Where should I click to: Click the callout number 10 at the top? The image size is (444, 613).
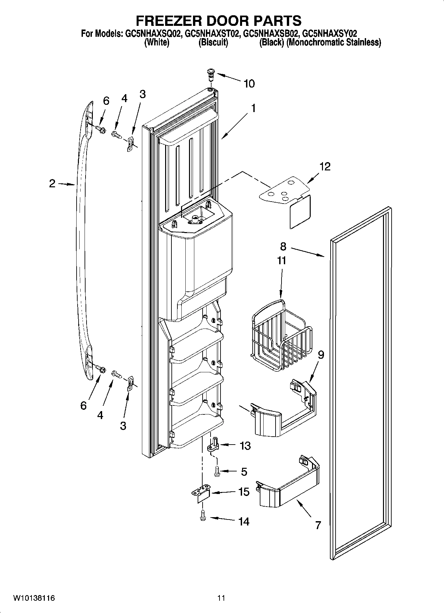point(249,84)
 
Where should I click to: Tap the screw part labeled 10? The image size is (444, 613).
point(210,74)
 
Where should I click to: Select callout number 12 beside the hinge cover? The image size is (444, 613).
point(325,166)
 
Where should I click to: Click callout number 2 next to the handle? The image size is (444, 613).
point(52,184)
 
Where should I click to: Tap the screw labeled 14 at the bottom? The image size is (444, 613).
point(203,516)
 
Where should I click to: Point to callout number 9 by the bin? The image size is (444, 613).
point(321,355)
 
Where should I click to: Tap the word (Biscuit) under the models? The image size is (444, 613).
point(213,42)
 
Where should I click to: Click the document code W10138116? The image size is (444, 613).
point(34,598)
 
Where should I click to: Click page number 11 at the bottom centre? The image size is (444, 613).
point(221,598)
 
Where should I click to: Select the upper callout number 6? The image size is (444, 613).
point(106,101)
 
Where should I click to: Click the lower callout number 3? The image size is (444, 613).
point(123,426)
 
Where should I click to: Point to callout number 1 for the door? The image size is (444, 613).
point(253,108)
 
